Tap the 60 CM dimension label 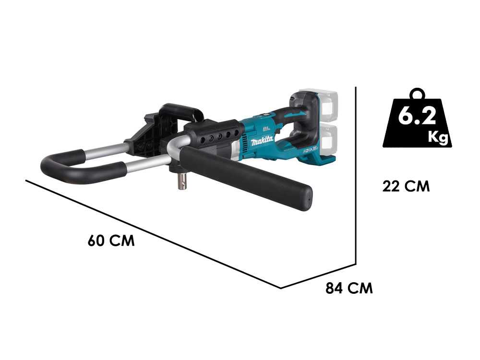(x=111, y=240)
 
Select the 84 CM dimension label (x=349, y=288)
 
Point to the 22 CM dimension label (x=406, y=186)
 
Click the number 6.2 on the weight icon (x=416, y=117)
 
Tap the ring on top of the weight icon (x=417, y=92)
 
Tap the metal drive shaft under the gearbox (x=182, y=183)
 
